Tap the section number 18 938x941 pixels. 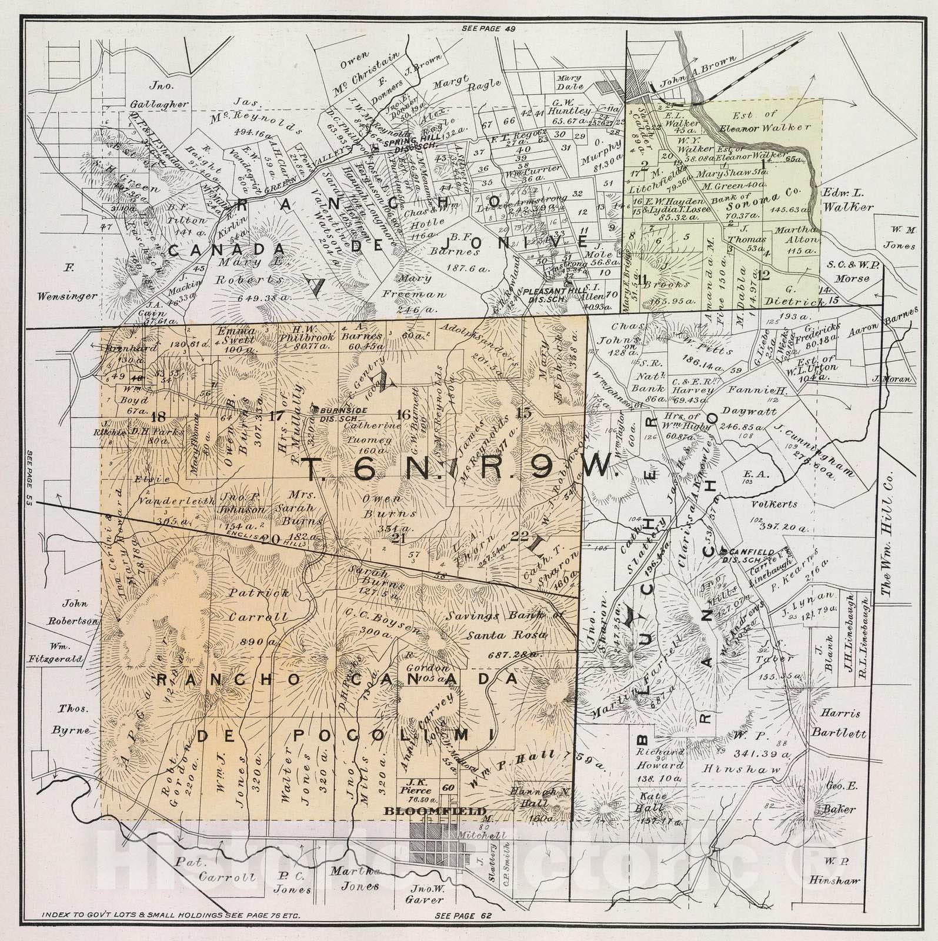[x=157, y=418]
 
